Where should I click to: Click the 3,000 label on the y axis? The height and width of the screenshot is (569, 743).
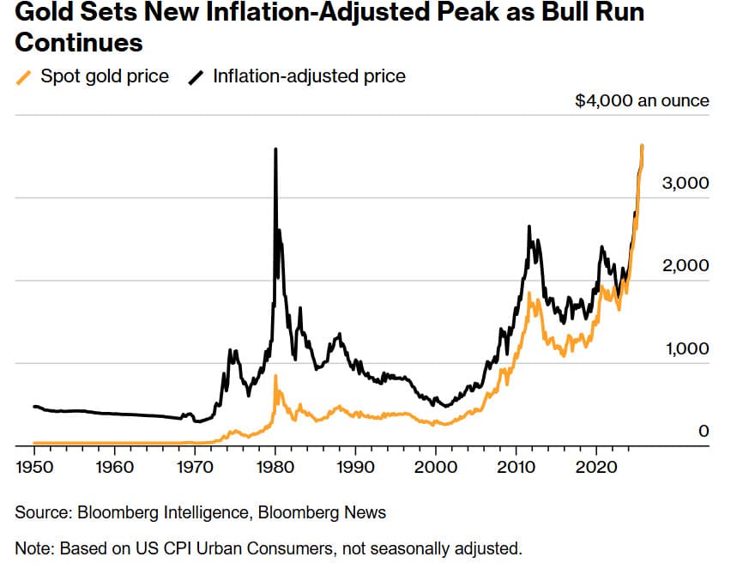pyautogui.click(x=686, y=184)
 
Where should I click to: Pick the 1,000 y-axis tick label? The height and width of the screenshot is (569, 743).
pyautogui.click(x=686, y=349)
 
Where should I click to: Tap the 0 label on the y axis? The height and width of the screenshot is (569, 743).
pyautogui.click(x=704, y=432)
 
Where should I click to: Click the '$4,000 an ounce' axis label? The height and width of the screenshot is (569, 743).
pyautogui.click(x=642, y=101)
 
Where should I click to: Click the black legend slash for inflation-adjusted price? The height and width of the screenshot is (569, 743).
pyautogui.click(x=196, y=76)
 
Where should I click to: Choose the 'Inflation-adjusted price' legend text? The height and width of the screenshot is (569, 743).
pyautogui.click(x=309, y=76)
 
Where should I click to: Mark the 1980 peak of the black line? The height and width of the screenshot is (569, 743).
pyautogui.click(x=275, y=149)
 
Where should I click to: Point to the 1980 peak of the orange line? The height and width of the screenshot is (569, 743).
pyautogui.click(x=275, y=376)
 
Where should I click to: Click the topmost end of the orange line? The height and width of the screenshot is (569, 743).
pyautogui.click(x=643, y=146)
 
